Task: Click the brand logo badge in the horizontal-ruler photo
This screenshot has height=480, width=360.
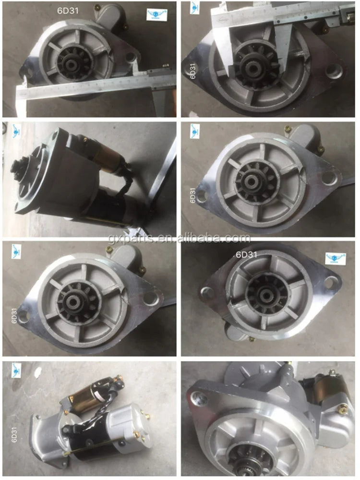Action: pos(155,13)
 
